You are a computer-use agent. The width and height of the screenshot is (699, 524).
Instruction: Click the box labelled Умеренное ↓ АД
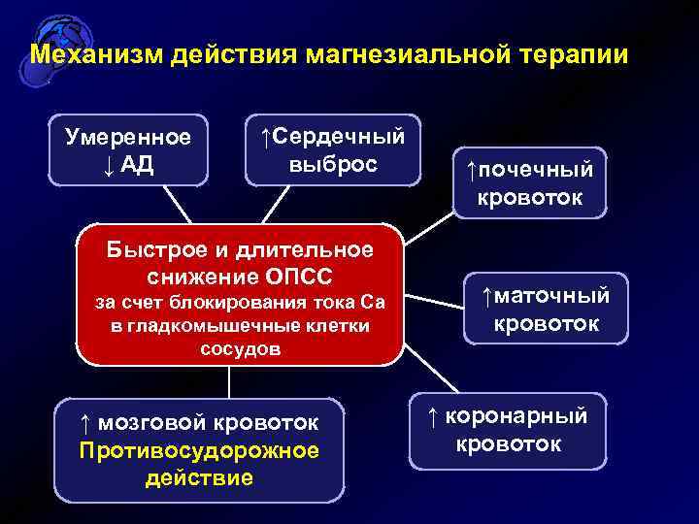pyautogui.click(x=128, y=150)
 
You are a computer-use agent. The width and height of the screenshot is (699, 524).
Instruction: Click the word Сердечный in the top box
pyautogui.click(x=339, y=136)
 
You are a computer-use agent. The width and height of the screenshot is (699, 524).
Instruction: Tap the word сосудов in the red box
pyautogui.click(x=240, y=348)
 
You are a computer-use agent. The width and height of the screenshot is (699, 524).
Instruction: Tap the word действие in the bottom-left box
pyautogui.click(x=199, y=477)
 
